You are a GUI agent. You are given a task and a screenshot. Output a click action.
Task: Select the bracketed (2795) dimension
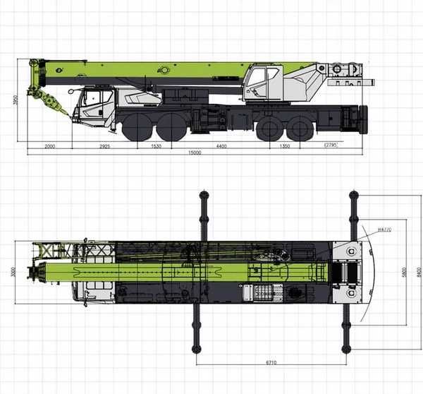tap(330, 144)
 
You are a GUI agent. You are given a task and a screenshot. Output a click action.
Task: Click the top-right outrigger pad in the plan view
tap(353, 196)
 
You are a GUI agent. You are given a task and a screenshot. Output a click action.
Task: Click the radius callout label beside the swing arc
tap(384, 229)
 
